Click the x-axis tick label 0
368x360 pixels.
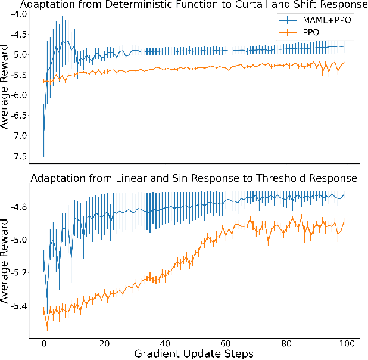pyautogui.click(x=44, y=344)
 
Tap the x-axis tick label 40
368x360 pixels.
pyautogui.click(x=166, y=344)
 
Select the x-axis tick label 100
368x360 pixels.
pyautogui.click(x=347, y=344)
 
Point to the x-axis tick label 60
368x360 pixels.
pyautogui.click(x=226, y=344)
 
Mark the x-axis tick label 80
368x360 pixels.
pyautogui.click(x=287, y=344)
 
